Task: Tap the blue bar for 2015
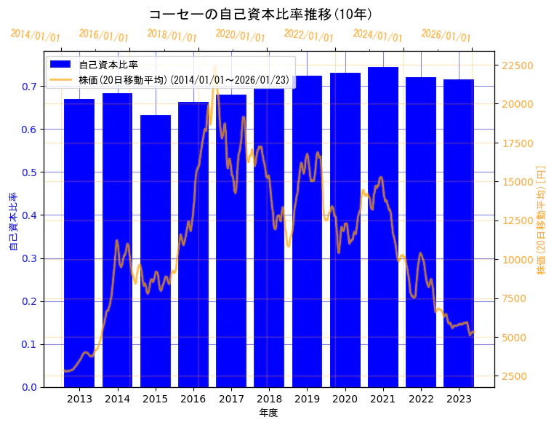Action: pyautogui.click(x=156, y=251)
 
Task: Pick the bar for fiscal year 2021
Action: pyautogui.click(x=383, y=226)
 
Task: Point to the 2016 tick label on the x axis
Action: pyautogui.click(x=193, y=399)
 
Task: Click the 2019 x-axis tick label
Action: pyautogui.click(x=307, y=399)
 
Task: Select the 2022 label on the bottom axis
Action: pyautogui.click(x=421, y=399)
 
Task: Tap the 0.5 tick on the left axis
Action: pyautogui.click(x=30, y=172)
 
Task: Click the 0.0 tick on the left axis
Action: pyautogui.click(x=30, y=387)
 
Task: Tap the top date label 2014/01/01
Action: pyautogui.click(x=36, y=35)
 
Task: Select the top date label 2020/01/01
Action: pyautogui.click(x=240, y=35)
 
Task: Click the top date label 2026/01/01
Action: pyautogui.click(x=446, y=36)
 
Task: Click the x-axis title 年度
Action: pyautogui.click(x=269, y=413)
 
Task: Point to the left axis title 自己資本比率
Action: pyautogui.click(x=12, y=221)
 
